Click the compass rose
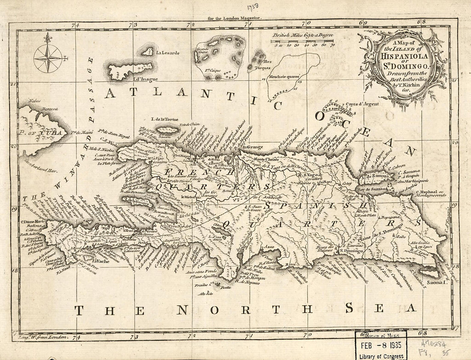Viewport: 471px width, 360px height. click(x=48, y=58)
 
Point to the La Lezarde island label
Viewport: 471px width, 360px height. click(x=168, y=54)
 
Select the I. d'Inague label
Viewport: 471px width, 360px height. click(x=146, y=79)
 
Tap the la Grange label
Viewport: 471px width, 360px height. click(x=253, y=147)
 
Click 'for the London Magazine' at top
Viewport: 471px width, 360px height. click(x=235, y=18)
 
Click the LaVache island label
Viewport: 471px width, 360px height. click(x=100, y=261)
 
